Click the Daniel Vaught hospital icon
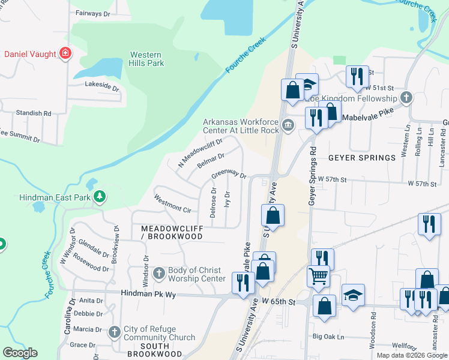tap(66, 54)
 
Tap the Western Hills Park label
tap(146, 58)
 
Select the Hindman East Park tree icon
tap(100, 197)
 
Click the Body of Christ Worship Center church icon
tap(159, 274)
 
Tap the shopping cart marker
tap(318, 276)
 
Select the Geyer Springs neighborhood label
tap(361, 158)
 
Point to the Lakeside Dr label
tap(102, 85)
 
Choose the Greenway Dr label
tap(229, 175)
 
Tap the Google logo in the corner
tap(20, 353)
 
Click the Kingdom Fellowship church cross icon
tap(406, 98)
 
